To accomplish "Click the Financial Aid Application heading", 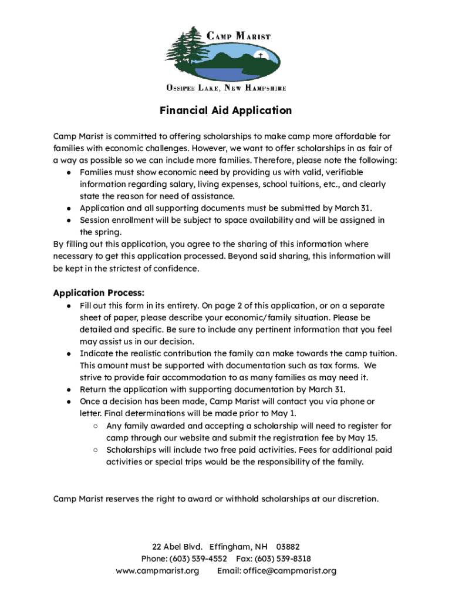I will click(x=226, y=111).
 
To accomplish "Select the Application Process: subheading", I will click(x=99, y=293).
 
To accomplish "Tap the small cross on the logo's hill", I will click(x=260, y=56).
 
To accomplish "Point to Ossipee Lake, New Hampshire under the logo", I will click(x=226, y=89).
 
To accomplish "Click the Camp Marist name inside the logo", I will click(x=239, y=36).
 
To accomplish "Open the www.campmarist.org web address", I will click(x=157, y=571).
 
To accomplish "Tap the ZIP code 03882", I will click(x=288, y=546).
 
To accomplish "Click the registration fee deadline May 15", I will click(x=365, y=438).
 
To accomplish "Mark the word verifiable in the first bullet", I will click(x=343, y=172).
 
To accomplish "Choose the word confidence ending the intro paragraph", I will click(x=177, y=269).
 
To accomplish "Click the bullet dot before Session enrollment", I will click(x=69, y=220).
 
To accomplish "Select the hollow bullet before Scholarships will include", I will click(x=95, y=450).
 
